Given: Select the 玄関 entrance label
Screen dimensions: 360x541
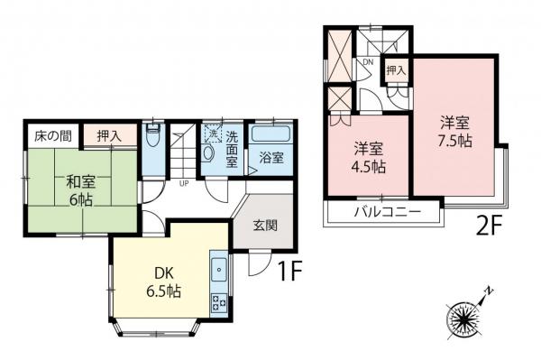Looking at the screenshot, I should [x=265, y=226].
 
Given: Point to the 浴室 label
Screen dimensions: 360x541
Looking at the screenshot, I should [x=272, y=157].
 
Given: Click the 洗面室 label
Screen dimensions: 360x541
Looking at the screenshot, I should [x=232, y=150].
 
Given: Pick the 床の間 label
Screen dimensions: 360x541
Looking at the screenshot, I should [x=53, y=136].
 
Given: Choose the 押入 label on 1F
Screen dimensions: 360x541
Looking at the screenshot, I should [x=110, y=136].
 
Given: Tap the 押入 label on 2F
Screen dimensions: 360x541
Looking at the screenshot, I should [x=396, y=69].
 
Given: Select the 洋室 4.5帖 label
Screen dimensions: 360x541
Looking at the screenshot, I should [x=370, y=158].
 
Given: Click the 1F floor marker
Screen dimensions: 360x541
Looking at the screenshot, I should [x=289, y=268].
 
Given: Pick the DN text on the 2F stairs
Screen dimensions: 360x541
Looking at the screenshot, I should [x=367, y=61].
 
